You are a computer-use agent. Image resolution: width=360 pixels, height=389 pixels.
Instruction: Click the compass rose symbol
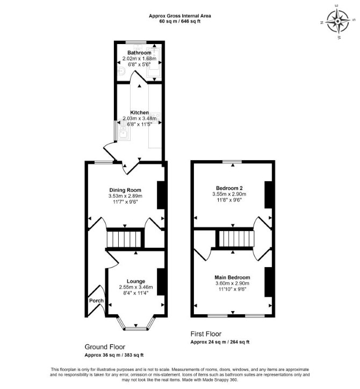click(x=337, y=21)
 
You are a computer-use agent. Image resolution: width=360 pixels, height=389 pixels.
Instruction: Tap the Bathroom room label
click(x=139, y=53)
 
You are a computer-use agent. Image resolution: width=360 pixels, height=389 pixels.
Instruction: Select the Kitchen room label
click(x=140, y=112)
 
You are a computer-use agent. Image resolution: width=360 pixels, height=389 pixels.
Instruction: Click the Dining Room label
click(x=125, y=190)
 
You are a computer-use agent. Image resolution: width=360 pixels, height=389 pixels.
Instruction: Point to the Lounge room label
click(x=136, y=282)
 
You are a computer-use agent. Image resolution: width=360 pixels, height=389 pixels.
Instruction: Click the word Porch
click(x=96, y=300)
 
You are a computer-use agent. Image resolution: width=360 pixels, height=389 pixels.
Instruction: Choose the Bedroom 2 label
click(x=229, y=188)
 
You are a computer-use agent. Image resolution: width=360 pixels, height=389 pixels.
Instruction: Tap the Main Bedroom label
click(x=232, y=277)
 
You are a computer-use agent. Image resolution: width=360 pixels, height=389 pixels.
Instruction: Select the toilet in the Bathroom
click(x=121, y=71)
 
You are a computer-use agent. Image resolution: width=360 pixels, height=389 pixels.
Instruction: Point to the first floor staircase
click(x=237, y=239)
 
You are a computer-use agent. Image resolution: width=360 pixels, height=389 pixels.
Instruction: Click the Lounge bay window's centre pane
click(x=136, y=329)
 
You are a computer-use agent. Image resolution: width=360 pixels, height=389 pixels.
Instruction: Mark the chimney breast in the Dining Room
click(x=161, y=195)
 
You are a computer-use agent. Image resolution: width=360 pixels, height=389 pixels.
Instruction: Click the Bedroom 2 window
click(x=232, y=162)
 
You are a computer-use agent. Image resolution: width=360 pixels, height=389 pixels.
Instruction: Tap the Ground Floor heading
click(x=105, y=347)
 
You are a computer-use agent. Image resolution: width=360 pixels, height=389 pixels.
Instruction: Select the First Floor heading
click(x=206, y=334)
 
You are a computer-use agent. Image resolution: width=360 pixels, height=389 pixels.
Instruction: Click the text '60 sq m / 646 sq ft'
click(x=180, y=21)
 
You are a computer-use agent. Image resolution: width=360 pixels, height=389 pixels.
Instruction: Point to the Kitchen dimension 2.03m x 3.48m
click(x=140, y=118)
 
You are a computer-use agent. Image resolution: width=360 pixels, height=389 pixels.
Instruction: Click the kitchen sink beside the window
click(x=123, y=134)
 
